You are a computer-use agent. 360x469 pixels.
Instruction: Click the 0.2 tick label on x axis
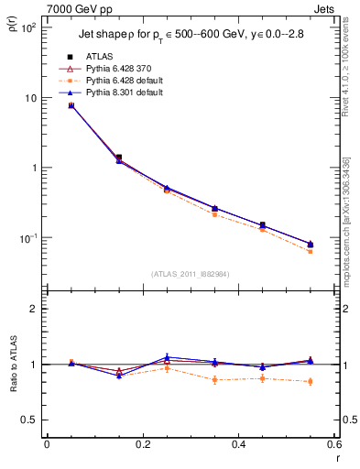142,445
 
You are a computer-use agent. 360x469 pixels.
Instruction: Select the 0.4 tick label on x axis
238,445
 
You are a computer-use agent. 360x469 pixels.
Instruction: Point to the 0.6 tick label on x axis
333,445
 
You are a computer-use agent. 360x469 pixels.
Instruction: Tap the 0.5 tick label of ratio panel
30,420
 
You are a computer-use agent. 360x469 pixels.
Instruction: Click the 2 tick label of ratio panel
35,309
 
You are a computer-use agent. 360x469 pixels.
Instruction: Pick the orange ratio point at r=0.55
310,381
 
